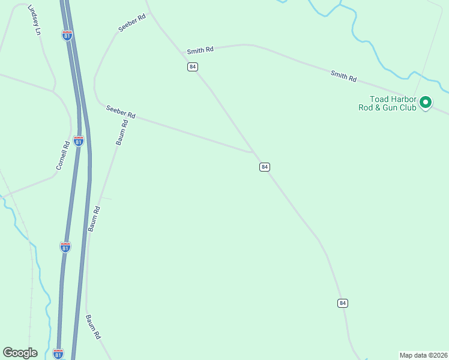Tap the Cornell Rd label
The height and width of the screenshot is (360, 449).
tap(63, 155)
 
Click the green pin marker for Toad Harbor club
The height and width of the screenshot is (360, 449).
tap(426, 103)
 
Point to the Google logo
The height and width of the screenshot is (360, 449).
tap(20, 353)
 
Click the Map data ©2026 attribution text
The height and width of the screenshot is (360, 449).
tap(423, 355)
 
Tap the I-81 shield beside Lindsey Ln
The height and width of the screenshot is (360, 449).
tap(67, 35)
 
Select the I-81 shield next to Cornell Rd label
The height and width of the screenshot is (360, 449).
tap(79, 140)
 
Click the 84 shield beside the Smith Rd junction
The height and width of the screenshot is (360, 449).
tap(192, 67)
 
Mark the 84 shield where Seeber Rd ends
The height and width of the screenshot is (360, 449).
tap(265, 166)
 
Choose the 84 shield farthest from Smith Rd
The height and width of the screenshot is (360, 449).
tap(342, 303)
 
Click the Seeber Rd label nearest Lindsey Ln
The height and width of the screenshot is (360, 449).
tap(132, 24)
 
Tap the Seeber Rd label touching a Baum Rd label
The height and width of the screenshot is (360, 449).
tap(120, 112)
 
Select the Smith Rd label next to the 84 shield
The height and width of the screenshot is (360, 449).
tap(200, 51)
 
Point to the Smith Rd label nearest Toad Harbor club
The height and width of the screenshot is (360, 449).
tap(343, 76)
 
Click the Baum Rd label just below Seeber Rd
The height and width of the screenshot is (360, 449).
tap(122, 133)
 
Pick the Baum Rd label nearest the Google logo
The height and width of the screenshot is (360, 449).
tap(92, 328)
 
